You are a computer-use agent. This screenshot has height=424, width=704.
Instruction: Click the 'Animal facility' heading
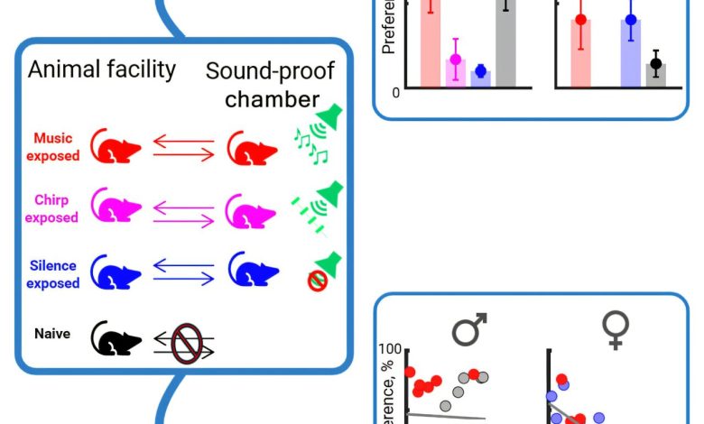click(x=102, y=69)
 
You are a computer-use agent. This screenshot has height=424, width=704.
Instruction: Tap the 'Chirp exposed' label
click(x=52, y=209)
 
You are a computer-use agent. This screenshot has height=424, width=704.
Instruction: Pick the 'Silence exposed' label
click(x=52, y=274)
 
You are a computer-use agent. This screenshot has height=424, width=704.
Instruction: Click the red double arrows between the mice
click(x=184, y=147)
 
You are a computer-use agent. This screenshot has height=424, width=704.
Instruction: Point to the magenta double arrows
click(x=184, y=212)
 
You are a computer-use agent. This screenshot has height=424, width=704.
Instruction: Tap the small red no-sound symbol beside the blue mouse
click(x=317, y=282)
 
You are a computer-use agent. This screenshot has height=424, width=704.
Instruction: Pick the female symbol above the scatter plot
click(x=616, y=330)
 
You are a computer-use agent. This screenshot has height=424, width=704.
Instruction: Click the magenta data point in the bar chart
click(x=456, y=60)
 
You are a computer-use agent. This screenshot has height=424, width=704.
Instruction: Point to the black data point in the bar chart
click(x=656, y=63)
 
